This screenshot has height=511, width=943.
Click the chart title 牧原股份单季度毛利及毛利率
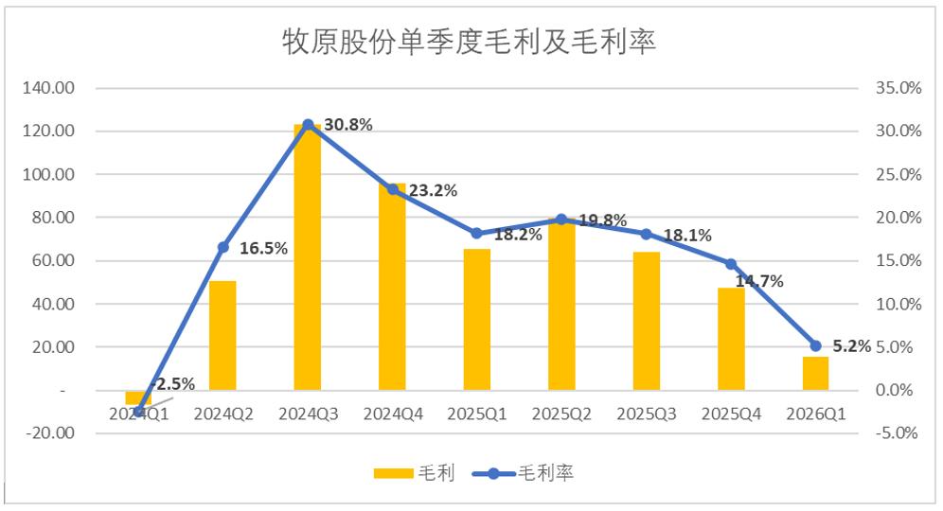click(x=470, y=42)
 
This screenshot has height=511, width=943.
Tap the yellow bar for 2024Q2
click(x=222, y=335)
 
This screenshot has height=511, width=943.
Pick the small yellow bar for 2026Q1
click(x=815, y=373)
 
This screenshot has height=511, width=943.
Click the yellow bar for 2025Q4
click(x=731, y=339)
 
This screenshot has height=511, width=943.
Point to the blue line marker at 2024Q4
click(x=393, y=189)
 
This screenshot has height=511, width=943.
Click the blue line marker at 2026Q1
click(x=815, y=345)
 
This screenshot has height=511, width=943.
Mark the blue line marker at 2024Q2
click(x=223, y=247)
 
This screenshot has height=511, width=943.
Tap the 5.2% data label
click(x=851, y=346)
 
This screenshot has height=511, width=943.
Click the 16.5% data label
click(x=264, y=249)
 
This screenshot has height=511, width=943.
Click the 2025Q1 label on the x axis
click(x=477, y=414)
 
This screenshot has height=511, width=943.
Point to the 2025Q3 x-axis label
click(x=647, y=414)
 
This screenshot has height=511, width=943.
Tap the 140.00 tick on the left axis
click(x=50, y=88)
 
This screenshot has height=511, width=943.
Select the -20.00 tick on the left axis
click(x=50, y=433)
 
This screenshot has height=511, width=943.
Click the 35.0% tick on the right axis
click(x=895, y=88)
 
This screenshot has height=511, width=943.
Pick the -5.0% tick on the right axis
click(x=895, y=433)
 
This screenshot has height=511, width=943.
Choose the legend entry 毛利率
click(x=530, y=473)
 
